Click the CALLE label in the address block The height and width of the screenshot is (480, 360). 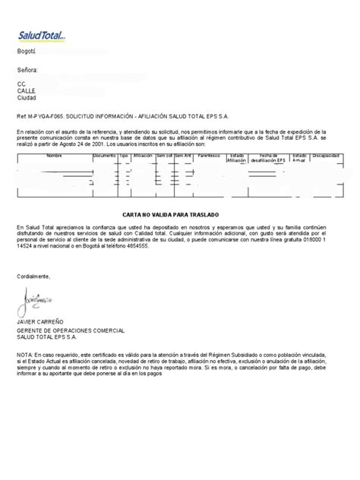(26, 91)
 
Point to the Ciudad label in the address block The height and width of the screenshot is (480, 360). (27, 98)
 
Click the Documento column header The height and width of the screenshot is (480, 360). (104, 155)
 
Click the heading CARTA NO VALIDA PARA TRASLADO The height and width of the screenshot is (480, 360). (180, 215)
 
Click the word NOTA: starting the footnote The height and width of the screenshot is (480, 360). (24, 355)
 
